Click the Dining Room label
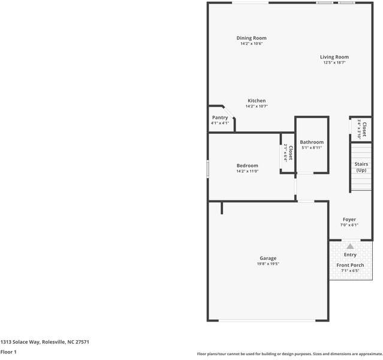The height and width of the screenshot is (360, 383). pyautogui.click(x=252, y=38)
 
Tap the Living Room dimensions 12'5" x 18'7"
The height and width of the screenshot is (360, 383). pyautogui.click(x=334, y=62)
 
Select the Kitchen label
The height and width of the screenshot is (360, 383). pyautogui.click(x=257, y=101)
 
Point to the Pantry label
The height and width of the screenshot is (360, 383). pyautogui.click(x=220, y=118)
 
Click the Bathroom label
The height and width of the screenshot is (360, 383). pyautogui.click(x=312, y=142)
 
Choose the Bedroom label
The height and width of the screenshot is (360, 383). pyautogui.click(x=247, y=166)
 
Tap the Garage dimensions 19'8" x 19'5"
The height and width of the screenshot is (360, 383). pyautogui.click(x=268, y=263)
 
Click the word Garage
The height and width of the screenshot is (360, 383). pyautogui.click(x=268, y=258)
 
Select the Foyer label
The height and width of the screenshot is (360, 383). pyautogui.click(x=349, y=220)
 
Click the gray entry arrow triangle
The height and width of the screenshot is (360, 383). pyautogui.click(x=350, y=246)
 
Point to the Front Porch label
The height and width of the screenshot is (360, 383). pyautogui.click(x=350, y=265)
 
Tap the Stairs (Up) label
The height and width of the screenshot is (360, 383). pyautogui.click(x=361, y=167)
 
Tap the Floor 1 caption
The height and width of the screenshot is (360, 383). pyautogui.click(x=8, y=352)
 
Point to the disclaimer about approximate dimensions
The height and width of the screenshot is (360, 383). pyautogui.click(x=289, y=354)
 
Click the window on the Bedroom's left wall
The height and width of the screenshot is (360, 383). pyautogui.click(x=208, y=169)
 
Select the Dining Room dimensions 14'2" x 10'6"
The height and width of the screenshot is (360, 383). pyautogui.click(x=252, y=44)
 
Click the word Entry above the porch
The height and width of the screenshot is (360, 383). pyautogui.click(x=350, y=255)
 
